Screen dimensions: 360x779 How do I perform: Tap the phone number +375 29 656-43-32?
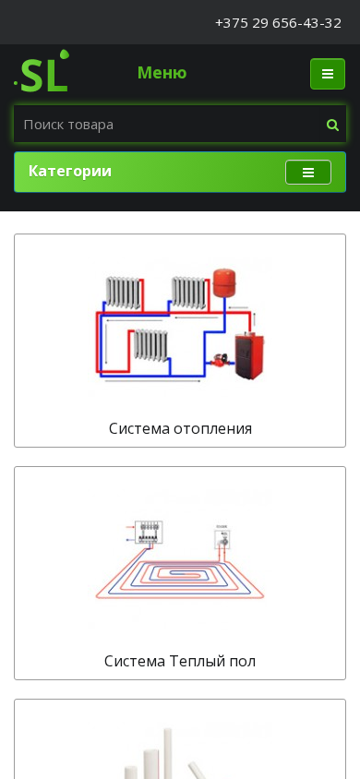tap(278, 23)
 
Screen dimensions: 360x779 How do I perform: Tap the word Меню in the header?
tap(162, 73)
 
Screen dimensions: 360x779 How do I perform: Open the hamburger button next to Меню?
tap(328, 74)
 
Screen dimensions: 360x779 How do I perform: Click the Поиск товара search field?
tap(169, 125)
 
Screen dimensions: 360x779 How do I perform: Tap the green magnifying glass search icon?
tap(332, 125)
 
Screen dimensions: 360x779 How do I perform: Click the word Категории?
tap(70, 171)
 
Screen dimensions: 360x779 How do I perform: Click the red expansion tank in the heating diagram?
tap(224, 283)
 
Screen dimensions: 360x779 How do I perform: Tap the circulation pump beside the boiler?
tap(219, 360)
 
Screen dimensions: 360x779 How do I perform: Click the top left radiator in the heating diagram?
tap(123, 293)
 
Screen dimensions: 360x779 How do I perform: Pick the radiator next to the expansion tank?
tap(188, 293)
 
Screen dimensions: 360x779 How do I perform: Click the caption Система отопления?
tap(180, 428)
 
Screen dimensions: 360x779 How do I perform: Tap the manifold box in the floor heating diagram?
tap(149, 533)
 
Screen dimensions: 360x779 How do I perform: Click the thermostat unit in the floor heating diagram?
tap(223, 539)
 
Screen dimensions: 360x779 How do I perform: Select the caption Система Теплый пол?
tap(180, 661)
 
